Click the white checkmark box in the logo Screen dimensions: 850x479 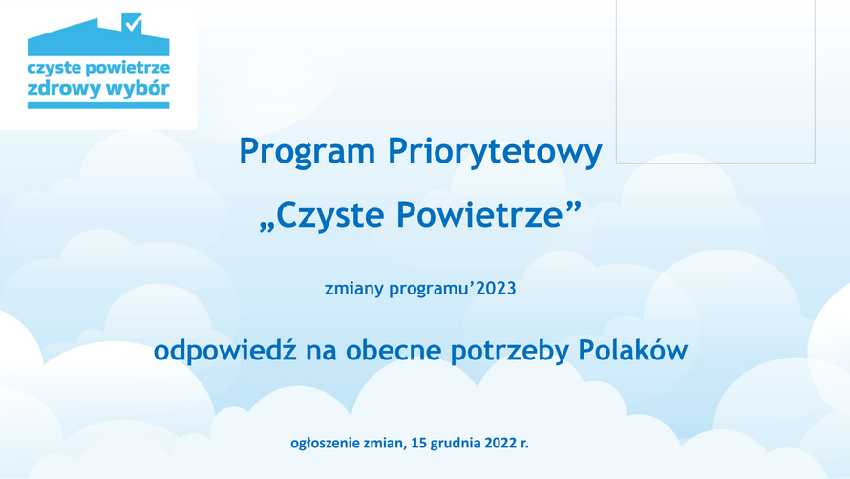pyautogui.click(x=132, y=23)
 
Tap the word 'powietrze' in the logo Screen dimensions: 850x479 pyautogui.click(x=128, y=69)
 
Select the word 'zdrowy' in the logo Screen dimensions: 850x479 pyautogui.click(x=63, y=89)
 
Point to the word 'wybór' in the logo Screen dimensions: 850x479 pyautogui.click(x=138, y=89)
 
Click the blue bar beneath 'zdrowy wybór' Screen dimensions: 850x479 pyautogui.click(x=98, y=105)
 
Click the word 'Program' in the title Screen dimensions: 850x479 pyautogui.click(x=308, y=152)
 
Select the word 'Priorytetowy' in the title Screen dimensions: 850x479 pyautogui.click(x=495, y=152)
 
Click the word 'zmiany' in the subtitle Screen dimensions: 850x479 pyautogui.click(x=354, y=288)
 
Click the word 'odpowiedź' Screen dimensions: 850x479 pyautogui.click(x=225, y=350)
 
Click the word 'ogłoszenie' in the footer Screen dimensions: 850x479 pyautogui.click(x=325, y=444)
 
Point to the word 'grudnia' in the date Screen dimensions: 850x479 pyautogui.click(x=456, y=444)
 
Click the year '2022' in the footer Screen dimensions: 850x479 pyautogui.click(x=500, y=443)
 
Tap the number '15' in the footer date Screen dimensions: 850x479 pyautogui.click(x=418, y=443)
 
